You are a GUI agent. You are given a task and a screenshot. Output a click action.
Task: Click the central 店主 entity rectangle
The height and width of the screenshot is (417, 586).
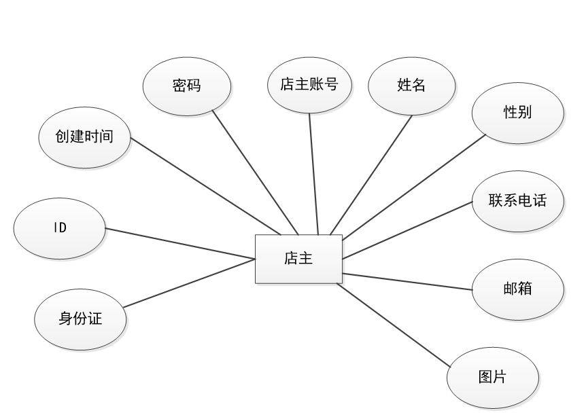coord(298,259)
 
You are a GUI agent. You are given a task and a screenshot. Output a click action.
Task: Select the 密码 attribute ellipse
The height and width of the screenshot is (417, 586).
coord(187,86)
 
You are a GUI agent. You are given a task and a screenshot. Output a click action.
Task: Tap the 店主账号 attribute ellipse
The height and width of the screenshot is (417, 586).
coord(309,85)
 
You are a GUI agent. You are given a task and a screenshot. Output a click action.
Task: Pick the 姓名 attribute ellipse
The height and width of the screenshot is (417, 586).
coord(411,86)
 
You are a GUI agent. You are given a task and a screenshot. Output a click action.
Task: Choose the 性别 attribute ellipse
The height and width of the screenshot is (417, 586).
coord(518,112)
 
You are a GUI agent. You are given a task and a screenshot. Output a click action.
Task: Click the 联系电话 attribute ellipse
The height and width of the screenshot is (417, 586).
coord(517,201)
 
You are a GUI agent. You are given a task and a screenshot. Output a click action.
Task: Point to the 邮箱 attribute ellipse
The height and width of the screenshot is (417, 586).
coord(518,289)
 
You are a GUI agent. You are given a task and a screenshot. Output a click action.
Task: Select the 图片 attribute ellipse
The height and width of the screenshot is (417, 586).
coord(493,378)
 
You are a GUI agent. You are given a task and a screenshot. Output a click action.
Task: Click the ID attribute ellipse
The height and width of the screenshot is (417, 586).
coord(60,228)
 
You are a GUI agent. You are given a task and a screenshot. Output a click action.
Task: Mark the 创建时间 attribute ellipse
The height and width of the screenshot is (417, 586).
coord(84,137)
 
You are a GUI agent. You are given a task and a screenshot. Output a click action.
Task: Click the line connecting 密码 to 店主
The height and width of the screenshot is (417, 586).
coord(255,172)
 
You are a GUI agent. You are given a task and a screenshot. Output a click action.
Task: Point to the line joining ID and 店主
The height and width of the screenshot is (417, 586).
coord(180,243)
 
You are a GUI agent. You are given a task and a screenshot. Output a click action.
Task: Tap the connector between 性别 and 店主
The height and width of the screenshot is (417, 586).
coord(415,187)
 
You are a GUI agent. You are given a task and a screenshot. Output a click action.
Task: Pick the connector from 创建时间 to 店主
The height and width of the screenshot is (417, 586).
coord(205,187)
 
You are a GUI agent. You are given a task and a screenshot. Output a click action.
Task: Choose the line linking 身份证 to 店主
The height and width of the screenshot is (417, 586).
coord(189,283)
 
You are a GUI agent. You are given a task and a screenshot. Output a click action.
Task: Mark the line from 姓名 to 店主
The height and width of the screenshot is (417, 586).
coord(371,175)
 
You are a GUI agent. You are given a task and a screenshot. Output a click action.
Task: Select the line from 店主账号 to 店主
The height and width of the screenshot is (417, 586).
coord(313,173)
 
